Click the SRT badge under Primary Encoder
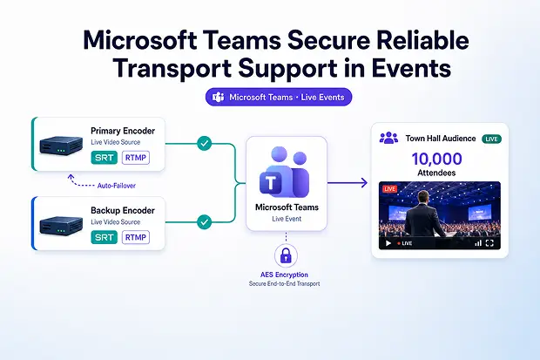coord(104,158)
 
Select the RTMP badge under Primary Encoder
coord(136,158)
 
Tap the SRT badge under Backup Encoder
coord(104,237)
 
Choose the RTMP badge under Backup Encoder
coord(136,237)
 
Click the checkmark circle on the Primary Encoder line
coord(204,143)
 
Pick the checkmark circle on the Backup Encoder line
coord(204,222)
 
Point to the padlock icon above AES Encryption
coord(286,255)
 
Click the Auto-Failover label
coord(117,186)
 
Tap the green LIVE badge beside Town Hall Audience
coord(491,139)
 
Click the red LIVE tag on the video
coord(389,189)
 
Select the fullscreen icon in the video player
coord(489,243)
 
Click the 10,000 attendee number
coord(436,159)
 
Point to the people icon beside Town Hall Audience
coord(388,138)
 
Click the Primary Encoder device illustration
coord(61,145)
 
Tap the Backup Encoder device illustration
coord(61,225)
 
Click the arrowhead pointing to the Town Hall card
coord(364,183)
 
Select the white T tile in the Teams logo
coord(271,182)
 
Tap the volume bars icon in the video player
coord(478,243)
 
